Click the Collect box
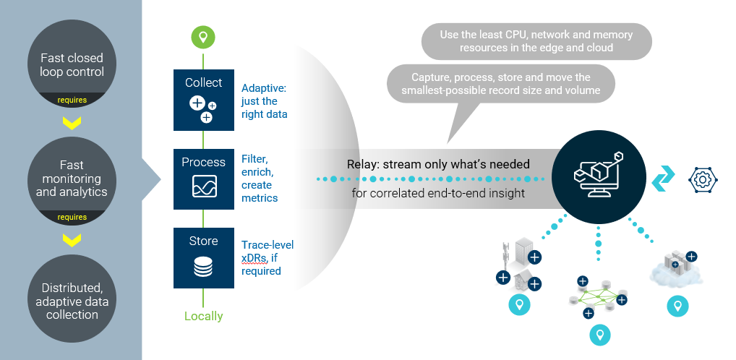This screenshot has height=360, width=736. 203,100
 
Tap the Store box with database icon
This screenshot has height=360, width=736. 203,258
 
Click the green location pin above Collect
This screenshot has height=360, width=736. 203,37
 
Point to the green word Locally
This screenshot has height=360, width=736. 203,316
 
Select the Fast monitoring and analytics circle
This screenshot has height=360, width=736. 71,180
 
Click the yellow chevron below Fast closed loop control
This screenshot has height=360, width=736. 71,122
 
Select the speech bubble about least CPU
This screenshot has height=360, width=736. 536,41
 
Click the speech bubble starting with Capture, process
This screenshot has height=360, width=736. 501,84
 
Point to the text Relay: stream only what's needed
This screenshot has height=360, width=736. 438,164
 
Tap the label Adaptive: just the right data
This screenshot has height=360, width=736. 265,101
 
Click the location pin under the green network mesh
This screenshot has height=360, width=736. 599,335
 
